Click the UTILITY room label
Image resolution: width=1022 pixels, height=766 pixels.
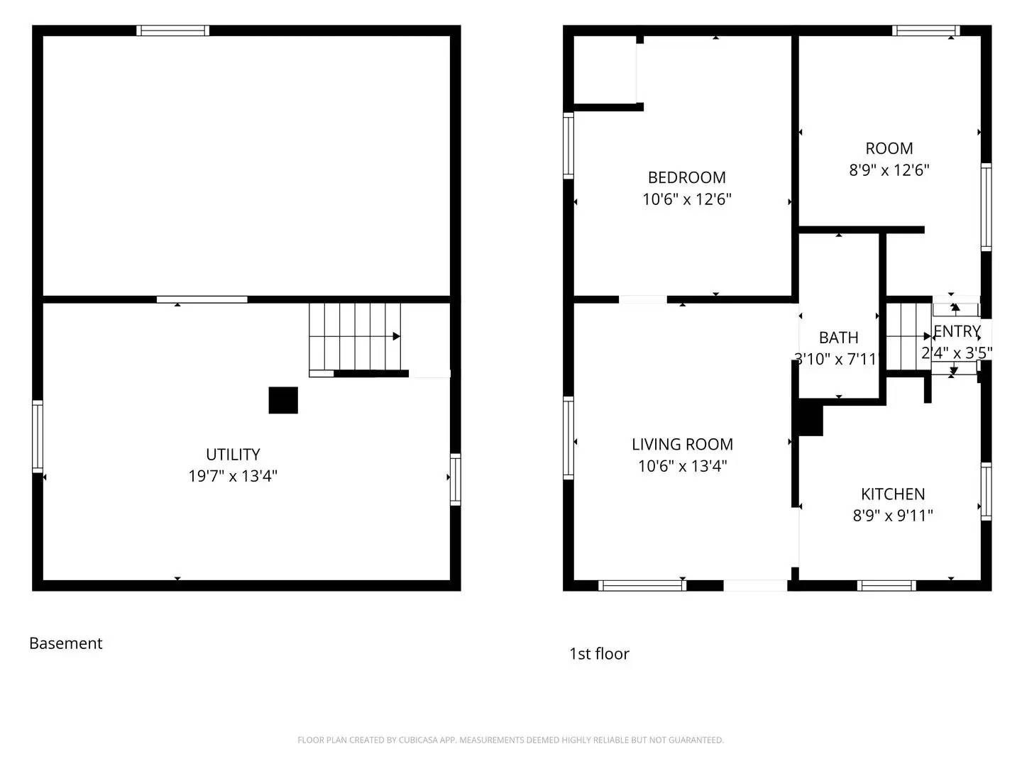pyautogui.click(x=233, y=454)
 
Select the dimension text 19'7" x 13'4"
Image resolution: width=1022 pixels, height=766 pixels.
pyautogui.click(x=233, y=476)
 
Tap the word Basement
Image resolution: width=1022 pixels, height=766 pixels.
pyautogui.click(x=66, y=643)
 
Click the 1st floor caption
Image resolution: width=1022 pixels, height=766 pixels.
pyautogui.click(x=599, y=654)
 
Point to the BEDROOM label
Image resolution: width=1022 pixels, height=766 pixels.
pyautogui.click(x=686, y=177)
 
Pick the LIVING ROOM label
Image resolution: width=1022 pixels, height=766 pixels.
pyautogui.click(x=682, y=444)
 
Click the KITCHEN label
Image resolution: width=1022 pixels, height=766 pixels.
pyautogui.click(x=892, y=494)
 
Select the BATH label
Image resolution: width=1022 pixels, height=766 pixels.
pyautogui.click(x=838, y=338)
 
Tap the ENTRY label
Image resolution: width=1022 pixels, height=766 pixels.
pyautogui.click(x=957, y=331)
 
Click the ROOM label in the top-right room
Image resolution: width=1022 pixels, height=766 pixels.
pyautogui.click(x=889, y=148)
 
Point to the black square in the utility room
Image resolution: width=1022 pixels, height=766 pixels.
pyautogui.click(x=283, y=400)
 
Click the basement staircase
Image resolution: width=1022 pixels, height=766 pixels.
pyautogui.click(x=355, y=337)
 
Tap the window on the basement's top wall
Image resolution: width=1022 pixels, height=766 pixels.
pyautogui.click(x=172, y=30)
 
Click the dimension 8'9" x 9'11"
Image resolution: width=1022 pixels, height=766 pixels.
pyautogui.click(x=892, y=516)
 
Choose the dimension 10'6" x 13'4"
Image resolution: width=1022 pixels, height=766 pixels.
pyautogui.click(x=682, y=466)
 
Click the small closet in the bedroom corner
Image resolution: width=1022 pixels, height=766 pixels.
pyautogui.click(x=604, y=70)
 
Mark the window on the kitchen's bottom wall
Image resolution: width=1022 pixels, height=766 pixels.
pyautogui.click(x=886, y=585)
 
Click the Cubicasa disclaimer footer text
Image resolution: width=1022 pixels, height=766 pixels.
pyautogui.click(x=510, y=740)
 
